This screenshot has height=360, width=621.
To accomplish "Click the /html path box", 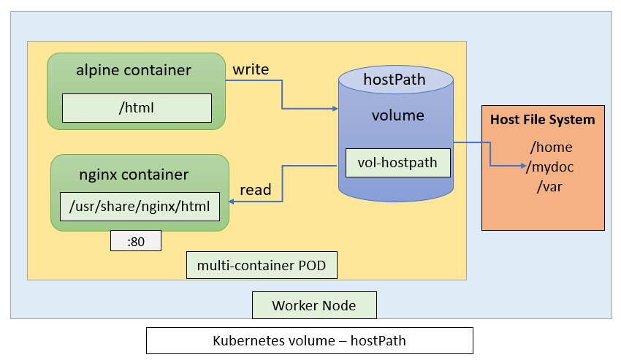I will [x=137, y=108].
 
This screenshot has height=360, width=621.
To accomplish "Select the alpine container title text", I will [x=134, y=71].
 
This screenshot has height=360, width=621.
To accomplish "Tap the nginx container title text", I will [x=134, y=175].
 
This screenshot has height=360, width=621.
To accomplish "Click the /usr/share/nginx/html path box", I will [x=139, y=207].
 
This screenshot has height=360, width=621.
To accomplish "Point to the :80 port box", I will [x=136, y=241].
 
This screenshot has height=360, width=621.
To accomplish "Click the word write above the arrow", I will [x=251, y=70].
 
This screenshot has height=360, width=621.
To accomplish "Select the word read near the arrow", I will [x=256, y=191].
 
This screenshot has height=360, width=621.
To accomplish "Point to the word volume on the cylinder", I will [x=397, y=115].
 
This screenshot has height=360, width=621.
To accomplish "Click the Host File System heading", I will [x=542, y=120].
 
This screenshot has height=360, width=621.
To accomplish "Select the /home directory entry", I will [x=552, y=148].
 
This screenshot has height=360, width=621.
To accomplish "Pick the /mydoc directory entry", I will [x=552, y=167].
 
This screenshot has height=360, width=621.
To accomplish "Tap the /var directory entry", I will [x=549, y=187].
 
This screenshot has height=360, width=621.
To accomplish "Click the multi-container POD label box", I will [x=262, y=265].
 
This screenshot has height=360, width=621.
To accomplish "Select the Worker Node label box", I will [x=314, y=305].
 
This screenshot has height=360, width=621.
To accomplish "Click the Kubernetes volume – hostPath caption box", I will [x=309, y=340].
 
